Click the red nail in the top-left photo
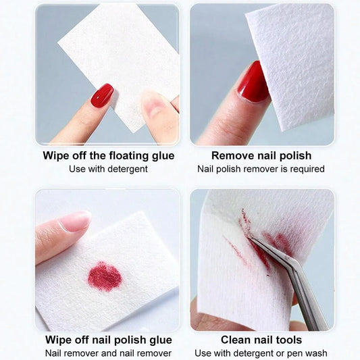coord(102,95)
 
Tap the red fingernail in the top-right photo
coord(253,82)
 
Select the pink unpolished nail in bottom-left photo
coord(75,221)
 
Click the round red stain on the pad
coord(105,276)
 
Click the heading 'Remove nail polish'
coord(261,155)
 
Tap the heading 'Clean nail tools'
coord(261,340)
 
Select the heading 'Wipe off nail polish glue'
coord(108,340)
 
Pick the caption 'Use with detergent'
coord(108,169)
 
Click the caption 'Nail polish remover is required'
coord(261,169)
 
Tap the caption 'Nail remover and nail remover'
coord(108,353)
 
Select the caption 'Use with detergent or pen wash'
coord(261,353)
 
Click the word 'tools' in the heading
coord(287,340)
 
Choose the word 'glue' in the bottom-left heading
coord(159,340)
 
